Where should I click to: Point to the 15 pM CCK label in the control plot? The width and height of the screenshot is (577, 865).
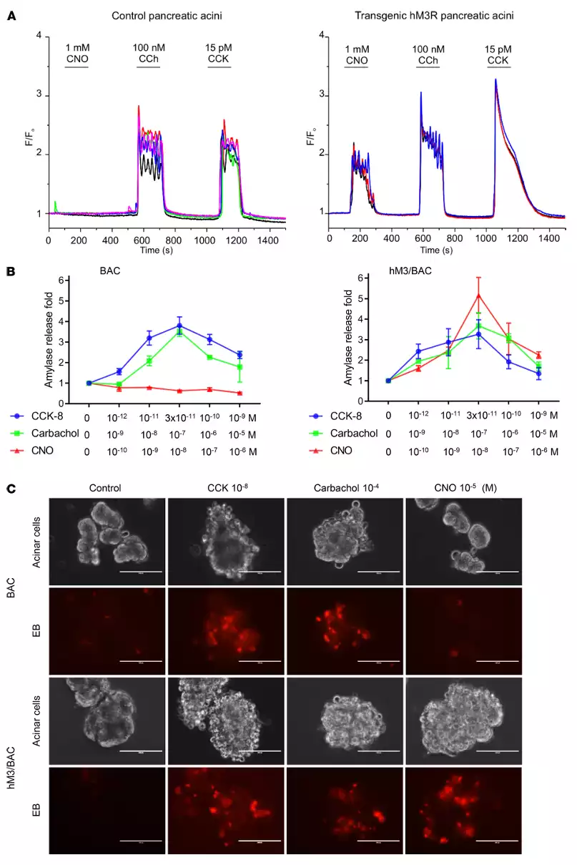(220, 52)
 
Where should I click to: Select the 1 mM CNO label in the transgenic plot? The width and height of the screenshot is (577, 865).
(356, 55)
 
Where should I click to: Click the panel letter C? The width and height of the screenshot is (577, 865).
(10, 489)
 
